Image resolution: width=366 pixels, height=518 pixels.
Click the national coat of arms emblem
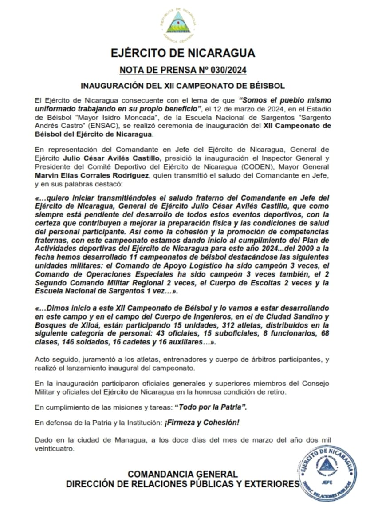tap(178, 23)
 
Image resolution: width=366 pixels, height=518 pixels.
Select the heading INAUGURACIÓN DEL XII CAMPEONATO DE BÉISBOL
tap(182, 85)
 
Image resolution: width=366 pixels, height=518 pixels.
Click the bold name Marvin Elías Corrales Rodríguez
tap(102, 175)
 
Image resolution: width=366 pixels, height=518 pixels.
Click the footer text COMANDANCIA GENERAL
tap(182, 474)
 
